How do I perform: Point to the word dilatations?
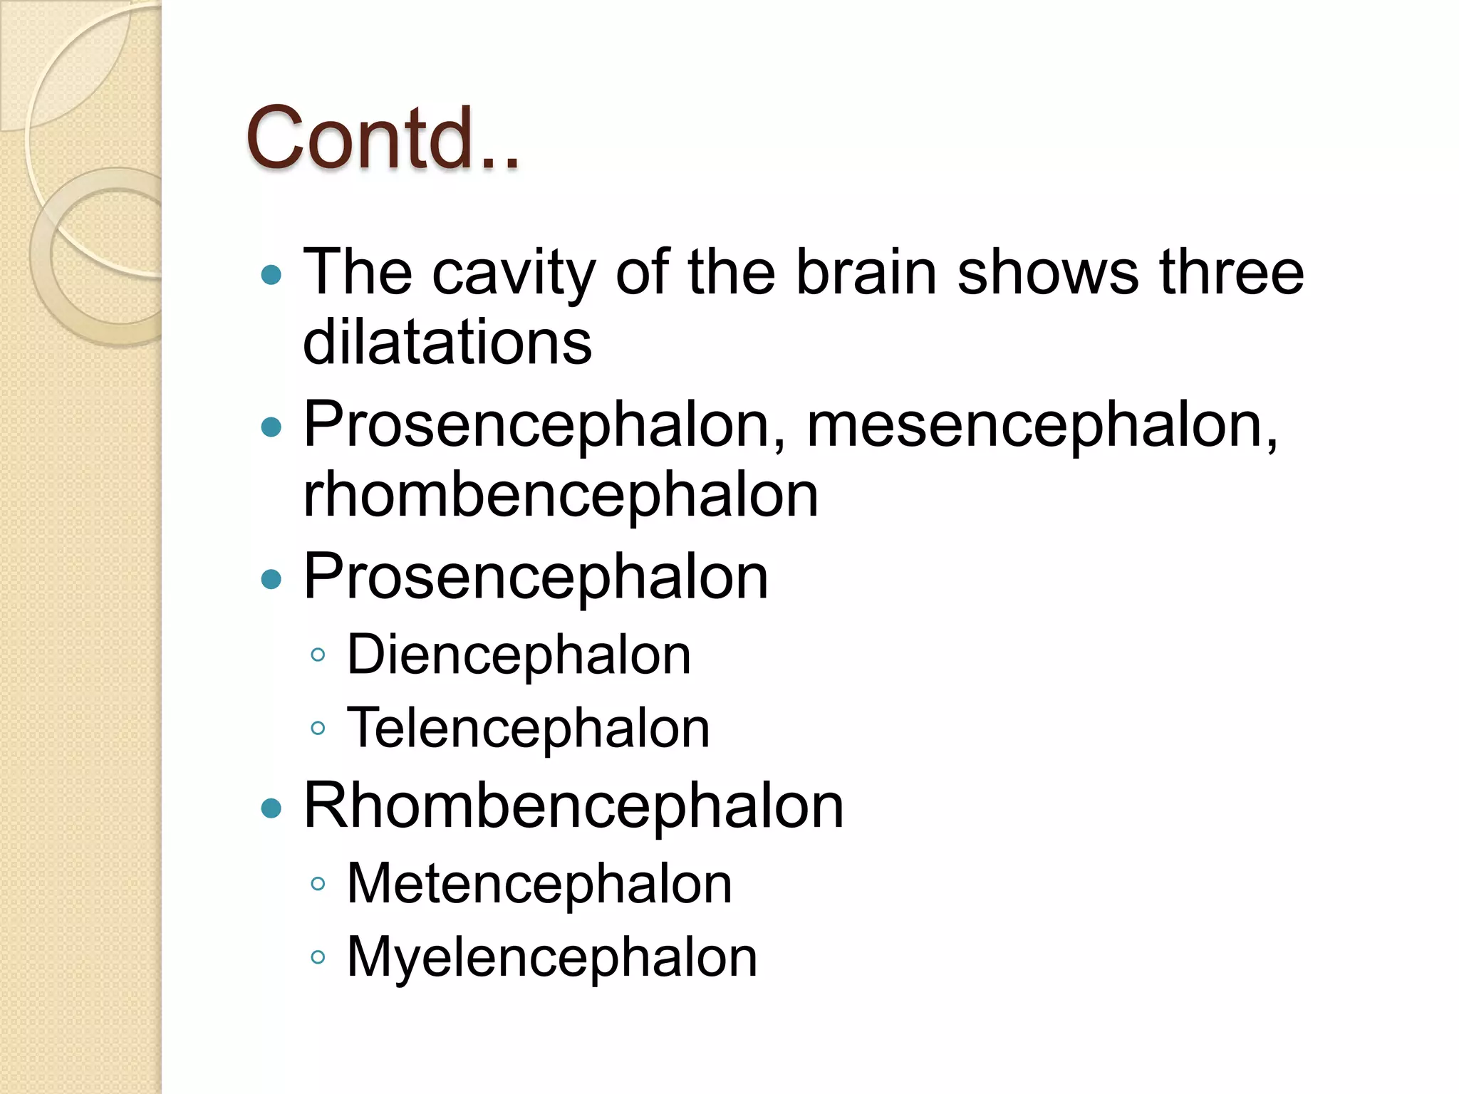tap(447, 343)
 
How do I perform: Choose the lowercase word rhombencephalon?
tap(561, 495)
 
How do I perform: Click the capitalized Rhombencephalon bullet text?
tap(573, 806)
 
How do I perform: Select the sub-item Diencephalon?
tap(519, 655)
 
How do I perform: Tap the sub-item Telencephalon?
tap(528, 728)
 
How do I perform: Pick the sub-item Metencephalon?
tap(539, 884)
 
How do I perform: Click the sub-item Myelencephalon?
tap(551, 957)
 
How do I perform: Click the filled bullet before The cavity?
tap(271, 275)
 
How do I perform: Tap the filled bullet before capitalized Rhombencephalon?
tap(271, 808)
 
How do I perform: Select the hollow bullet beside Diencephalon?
tap(318, 655)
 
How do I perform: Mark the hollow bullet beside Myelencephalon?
tap(318, 957)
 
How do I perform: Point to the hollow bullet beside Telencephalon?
tap(318, 729)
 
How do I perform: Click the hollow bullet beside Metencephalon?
tap(318, 885)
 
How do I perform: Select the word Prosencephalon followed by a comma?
tap(545, 425)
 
